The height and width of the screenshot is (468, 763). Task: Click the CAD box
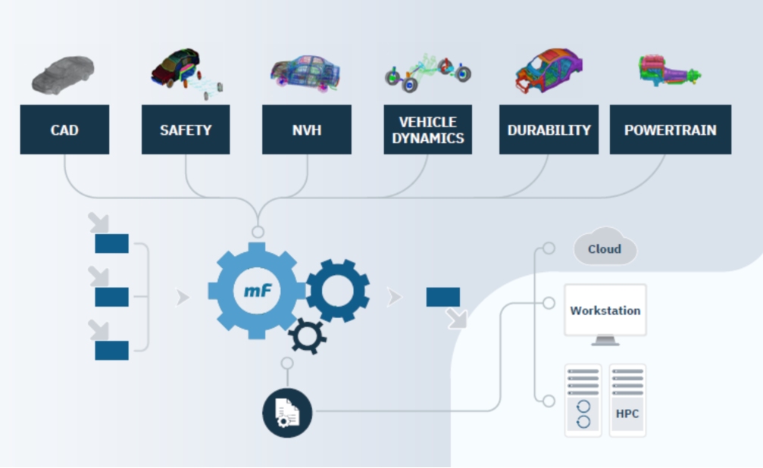(x=64, y=129)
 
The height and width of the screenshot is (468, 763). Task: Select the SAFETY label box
(x=186, y=129)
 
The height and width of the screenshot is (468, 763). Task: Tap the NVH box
(x=306, y=129)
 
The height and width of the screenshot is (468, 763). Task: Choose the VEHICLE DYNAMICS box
(x=427, y=129)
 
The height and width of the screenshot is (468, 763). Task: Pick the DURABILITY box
(x=549, y=129)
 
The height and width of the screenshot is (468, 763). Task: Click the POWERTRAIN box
(x=670, y=129)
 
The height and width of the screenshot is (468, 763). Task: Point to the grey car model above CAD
(x=63, y=74)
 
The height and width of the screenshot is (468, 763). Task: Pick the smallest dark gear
(x=306, y=336)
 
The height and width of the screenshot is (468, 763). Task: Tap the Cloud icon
(x=605, y=249)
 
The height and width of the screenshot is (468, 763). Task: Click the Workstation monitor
(x=605, y=311)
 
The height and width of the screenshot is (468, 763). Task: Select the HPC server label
(x=627, y=414)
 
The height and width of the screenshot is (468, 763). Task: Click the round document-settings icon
(x=287, y=412)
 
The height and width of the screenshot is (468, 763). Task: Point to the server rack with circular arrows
(x=583, y=400)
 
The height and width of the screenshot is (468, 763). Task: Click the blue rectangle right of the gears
(x=442, y=297)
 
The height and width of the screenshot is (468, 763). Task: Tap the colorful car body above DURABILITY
(x=550, y=72)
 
